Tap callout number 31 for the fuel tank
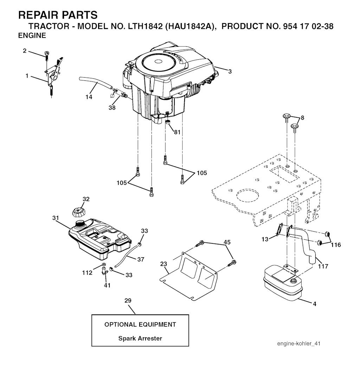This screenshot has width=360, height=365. click(x=56, y=218)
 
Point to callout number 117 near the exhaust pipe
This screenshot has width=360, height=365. click(x=323, y=267)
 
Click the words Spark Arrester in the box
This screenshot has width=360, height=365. click(x=140, y=339)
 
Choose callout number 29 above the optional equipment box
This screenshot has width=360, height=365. click(x=128, y=300)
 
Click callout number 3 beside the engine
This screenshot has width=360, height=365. click(x=230, y=72)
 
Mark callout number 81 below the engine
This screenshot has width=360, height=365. click(x=177, y=132)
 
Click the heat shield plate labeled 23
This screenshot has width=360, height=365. click(x=190, y=278)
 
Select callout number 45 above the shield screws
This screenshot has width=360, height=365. click(x=227, y=242)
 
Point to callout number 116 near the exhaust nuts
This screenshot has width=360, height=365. click(x=336, y=245)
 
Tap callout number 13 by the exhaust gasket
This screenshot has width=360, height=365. click(x=265, y=239)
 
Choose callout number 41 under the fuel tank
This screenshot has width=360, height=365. click(x=107, y=285)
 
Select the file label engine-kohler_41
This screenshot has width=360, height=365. click(x=298, y=343)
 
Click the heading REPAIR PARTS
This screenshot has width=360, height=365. click(x=58, y=15)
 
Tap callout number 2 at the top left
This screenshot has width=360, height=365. click(x=25, y=51)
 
